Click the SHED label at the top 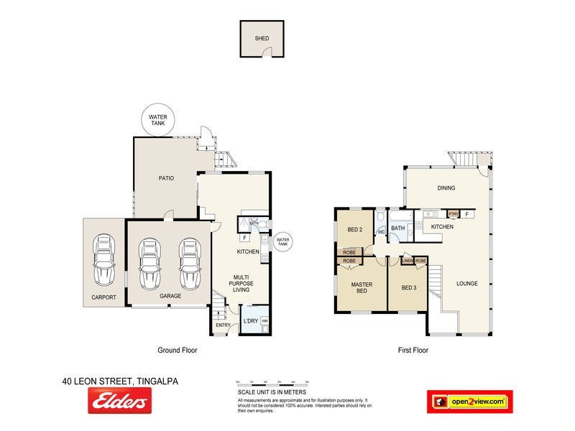(x=262, y=40)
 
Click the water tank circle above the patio (x=157, y=120)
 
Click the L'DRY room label (x=251, y=320)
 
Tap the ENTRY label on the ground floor (x=222, y=325)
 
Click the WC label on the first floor (x=382, y=232)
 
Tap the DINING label (x=446, y=188)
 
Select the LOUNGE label (x=466, y=283)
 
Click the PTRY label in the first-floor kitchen (x=454, y=213)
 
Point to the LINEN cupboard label (x=407, y=260)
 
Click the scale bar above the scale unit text (x=272, y=384)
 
